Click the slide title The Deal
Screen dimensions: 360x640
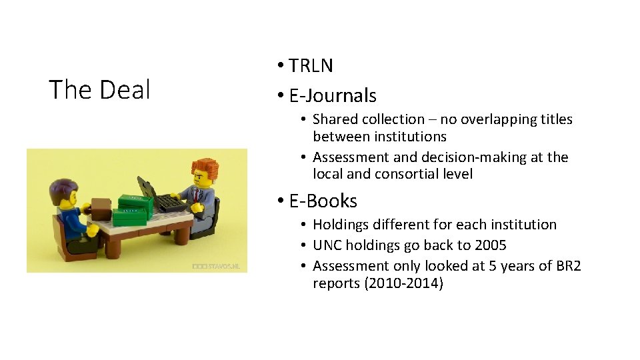click(x=100, y=89)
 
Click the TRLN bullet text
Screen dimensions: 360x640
click(x=311, y=65)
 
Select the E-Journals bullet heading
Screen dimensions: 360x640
click(x=333, y=95)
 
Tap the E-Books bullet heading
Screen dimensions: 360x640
click(x=323, y=201)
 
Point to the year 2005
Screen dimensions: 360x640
click(x=490, y=245)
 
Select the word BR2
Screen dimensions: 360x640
click(x=567, y=266)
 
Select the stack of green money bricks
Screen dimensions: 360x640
click(x=133, y=207)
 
